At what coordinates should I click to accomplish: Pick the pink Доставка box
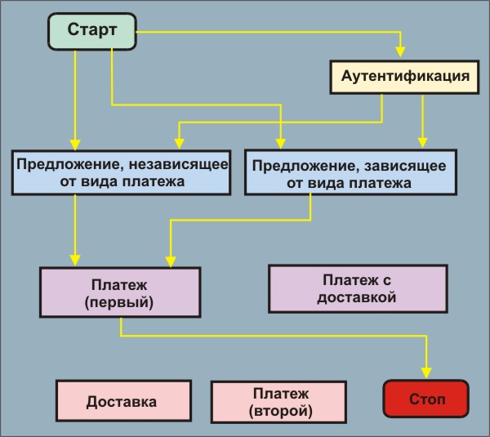[121, 402]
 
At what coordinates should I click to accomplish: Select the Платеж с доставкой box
[358, 288]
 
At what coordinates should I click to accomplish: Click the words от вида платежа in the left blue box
[120, 181]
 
